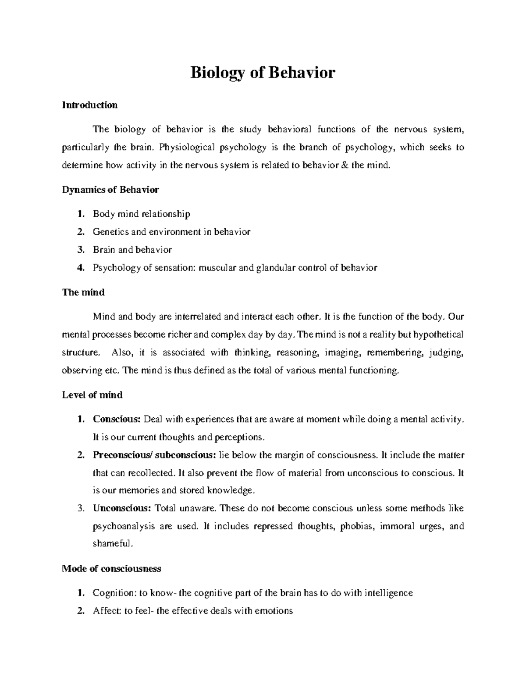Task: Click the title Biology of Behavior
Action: click(262, 72)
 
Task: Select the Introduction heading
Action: click(90, 105)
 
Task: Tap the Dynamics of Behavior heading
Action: click(110, 190)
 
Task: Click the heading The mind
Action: click(83, 292)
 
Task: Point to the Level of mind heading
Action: click(92, 395)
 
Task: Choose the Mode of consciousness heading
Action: click(112, 568)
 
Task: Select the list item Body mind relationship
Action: click(141, 214)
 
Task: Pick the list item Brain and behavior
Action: click(132, 250)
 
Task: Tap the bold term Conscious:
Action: click(116, 419)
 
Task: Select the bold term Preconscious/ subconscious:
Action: click(154, 455)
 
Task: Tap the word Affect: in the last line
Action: click(107, 611)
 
